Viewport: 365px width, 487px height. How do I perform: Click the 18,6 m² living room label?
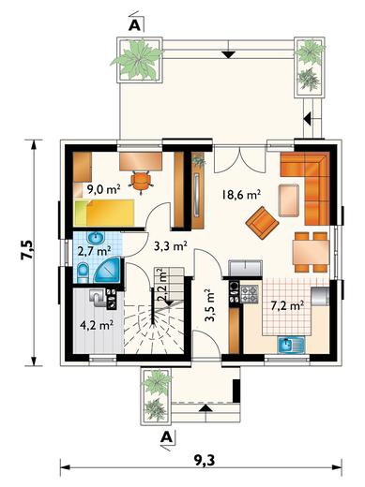tap(241, 195)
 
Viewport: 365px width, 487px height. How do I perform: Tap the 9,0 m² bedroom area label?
tap(103, 189)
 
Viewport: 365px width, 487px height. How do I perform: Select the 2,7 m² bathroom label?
tap(94, 251)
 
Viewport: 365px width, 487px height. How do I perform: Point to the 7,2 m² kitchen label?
tap(287, 305)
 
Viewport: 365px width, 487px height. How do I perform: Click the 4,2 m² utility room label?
tap(97, 325)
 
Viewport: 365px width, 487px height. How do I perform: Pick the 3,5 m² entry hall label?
tap(209, 305)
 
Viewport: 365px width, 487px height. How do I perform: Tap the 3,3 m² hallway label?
tap(171, 246)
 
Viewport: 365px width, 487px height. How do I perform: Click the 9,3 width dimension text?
tap(205, 460)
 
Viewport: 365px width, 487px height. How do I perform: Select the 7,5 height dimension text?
tap(26, 250)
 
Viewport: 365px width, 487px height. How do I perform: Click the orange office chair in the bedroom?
tap(141, 182)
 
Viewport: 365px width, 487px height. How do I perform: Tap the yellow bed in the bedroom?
tap(104, 213)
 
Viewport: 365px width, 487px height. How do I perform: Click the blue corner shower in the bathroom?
tap(108, 269)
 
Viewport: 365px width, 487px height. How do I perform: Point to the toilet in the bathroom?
tap(83, 273)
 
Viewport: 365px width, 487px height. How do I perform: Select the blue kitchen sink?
tap(291, 346)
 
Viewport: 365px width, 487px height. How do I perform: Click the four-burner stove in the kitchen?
tap(250, 294)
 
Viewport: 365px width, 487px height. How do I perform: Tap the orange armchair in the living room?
tap(262, 222)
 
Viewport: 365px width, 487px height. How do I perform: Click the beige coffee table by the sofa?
tap(289, 200)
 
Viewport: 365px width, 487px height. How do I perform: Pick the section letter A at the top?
tap(135, 25)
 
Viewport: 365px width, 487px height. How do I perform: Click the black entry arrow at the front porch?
tap(205, 408)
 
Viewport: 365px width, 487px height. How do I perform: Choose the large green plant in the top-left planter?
tap(138, 60)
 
